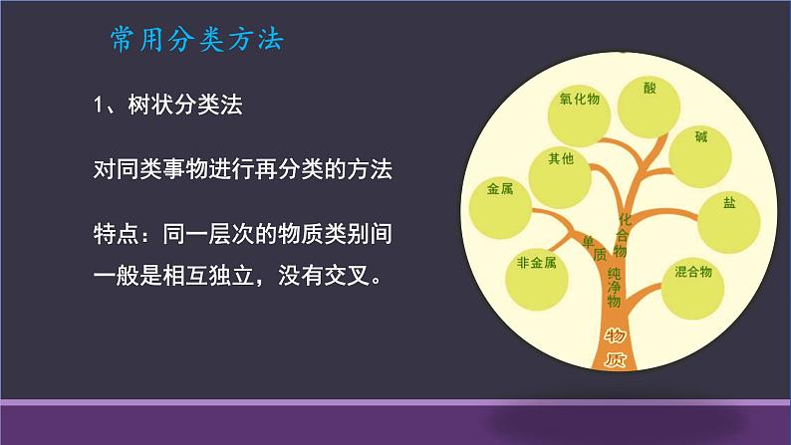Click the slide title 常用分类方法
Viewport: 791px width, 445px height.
pos(196,40)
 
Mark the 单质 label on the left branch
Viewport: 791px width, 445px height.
pos(593,246)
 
